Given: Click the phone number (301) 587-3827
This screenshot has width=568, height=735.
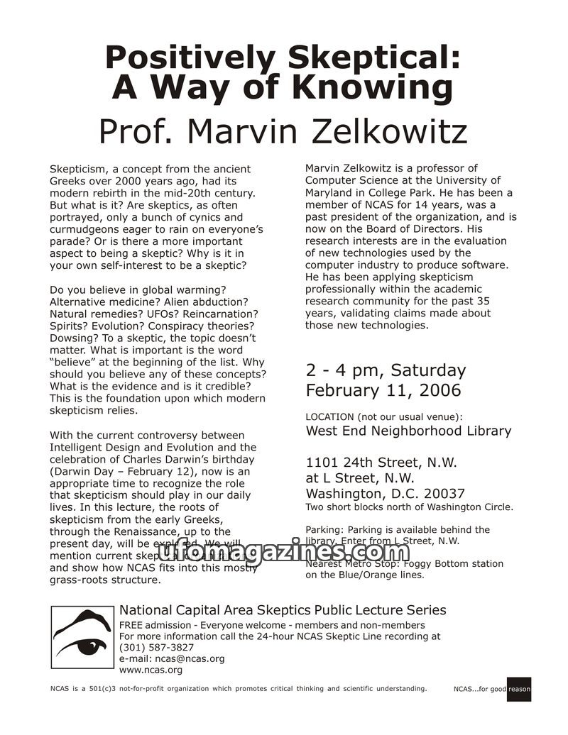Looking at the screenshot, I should (x=157, y=647).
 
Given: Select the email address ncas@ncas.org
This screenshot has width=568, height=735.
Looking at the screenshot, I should (x=190, y=658).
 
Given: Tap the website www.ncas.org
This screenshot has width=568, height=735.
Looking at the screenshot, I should (x=151, y=670).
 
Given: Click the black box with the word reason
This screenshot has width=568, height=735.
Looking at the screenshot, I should (x=519, y=689).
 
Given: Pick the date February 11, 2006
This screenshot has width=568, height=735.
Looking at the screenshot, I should (x=383, y=390).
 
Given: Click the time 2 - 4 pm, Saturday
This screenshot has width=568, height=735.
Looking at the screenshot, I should (x=386, y=370).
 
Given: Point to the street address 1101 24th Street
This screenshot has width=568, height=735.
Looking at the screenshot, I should (x=371, y=463).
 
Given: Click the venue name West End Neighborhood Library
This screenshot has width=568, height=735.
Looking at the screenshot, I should (x=408, y=431).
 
